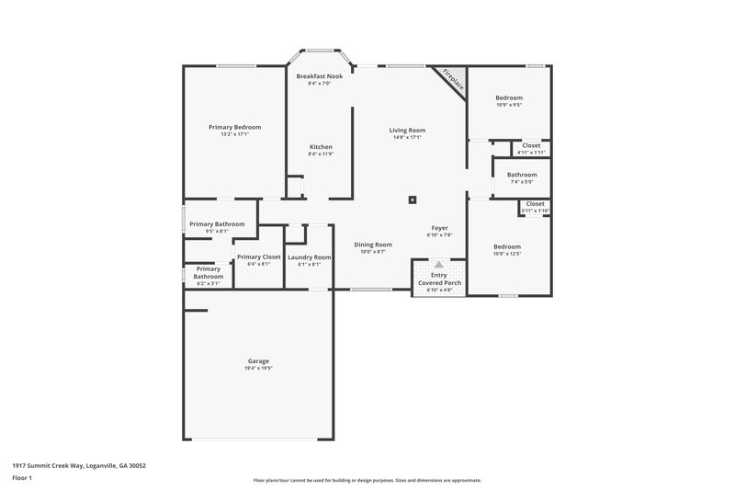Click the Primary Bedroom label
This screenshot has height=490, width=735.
point(234,127)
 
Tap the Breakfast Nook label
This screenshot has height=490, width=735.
point(325,76)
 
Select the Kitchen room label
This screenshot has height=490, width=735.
point(320,147)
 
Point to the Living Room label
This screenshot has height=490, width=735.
point(407,131)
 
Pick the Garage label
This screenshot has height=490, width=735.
point(258,361)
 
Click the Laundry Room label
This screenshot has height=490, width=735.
point(309,257)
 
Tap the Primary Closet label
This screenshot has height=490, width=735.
point(258,257)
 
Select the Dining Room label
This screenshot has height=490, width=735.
point(373,245)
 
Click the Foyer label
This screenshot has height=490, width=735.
point(440,228)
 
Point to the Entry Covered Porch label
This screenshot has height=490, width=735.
point(439,279)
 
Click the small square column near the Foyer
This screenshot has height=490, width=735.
point(413,199)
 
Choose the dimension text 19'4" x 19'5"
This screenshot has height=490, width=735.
point(258,369)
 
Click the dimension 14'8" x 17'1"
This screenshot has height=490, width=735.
point(407,138)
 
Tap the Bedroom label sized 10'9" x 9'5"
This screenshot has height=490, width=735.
point(508,97)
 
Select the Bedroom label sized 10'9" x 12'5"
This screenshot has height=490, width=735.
point(506,246)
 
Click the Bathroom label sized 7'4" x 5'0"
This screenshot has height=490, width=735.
point(521,175)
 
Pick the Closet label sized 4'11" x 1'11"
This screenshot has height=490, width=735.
point(531,145)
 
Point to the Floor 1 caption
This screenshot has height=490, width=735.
point(22,479)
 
